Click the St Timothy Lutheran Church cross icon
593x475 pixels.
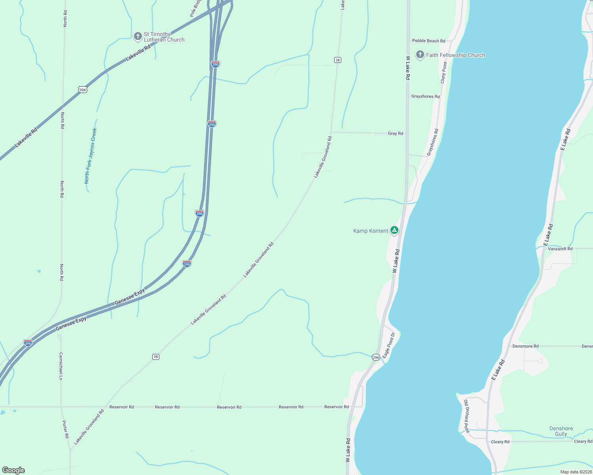tap(138, 36)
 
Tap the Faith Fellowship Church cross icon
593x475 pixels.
tap(420, 55)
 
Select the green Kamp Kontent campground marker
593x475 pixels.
tap(394, 230)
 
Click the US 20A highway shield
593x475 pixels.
tap(82, 90)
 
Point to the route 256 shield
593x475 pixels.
tap(376, 357)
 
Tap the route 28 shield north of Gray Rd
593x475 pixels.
tap(337, 60)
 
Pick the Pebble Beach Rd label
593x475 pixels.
tap(428, 41)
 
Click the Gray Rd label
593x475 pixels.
tap(395, 133)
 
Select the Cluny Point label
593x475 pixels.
tap(444, 72)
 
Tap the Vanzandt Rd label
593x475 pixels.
tap(560, 249)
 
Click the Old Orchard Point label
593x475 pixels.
tap(467, 416)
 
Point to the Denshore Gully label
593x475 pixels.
tap(561, 431)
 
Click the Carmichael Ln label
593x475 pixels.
tap(61, 366)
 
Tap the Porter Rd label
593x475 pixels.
tap(66, 429)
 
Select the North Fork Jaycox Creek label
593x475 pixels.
tap(90, 156)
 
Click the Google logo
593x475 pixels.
tap(13, 470)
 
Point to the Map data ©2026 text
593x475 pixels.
tap(576, 472)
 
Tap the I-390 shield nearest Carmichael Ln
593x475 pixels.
tap(28, 343)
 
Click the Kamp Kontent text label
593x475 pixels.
tap(370, 231)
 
